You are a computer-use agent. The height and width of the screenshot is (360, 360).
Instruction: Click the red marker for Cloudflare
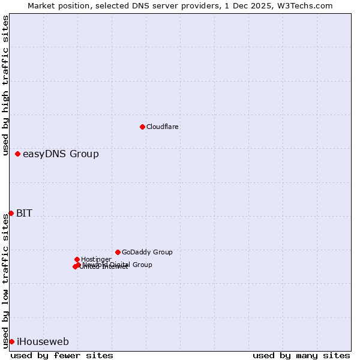(142, 127)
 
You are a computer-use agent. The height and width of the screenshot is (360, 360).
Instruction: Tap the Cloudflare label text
(162, 127)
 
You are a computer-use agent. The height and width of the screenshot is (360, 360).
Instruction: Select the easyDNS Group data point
(17, 154)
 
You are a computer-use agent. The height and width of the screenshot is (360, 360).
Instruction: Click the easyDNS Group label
(61, 154)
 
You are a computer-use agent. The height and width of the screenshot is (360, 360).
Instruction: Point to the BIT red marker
(11, 213)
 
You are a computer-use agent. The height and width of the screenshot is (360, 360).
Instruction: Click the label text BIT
(24, 213)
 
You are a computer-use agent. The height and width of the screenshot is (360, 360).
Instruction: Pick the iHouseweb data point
(11, 341)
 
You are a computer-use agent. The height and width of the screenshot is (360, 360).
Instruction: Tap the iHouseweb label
(43, 342)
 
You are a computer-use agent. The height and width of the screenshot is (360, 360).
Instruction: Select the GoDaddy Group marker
(118, 252)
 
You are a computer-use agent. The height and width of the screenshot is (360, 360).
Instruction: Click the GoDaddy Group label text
(147, 252)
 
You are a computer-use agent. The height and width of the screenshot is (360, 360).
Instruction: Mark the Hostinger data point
(77, 259)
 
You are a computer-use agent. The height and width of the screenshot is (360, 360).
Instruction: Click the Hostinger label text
(96, 259)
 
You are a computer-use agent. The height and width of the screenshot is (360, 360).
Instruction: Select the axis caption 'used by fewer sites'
(62, 355)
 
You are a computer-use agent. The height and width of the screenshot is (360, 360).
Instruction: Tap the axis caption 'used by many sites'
(301, 355)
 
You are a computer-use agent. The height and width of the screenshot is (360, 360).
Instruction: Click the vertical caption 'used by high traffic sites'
(5, 85)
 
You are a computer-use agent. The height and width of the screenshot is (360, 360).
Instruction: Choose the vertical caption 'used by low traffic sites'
(5, 280)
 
